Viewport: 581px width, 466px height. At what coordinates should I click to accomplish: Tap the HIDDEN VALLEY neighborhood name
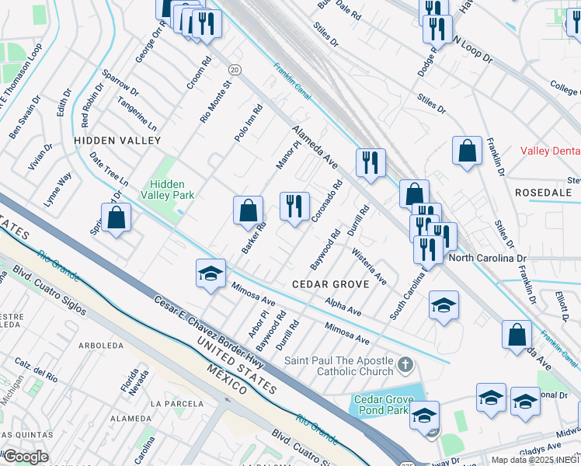tap(117, 141)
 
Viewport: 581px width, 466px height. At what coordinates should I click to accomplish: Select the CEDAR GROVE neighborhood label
tap(329, 284)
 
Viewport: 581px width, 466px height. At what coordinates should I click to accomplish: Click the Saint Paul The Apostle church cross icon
tap(403, 363)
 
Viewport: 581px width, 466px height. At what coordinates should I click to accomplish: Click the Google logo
tap(25, 457)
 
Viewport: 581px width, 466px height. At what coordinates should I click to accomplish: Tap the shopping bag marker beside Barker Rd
tap(248, 210)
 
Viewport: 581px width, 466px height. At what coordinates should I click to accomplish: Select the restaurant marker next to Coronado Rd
tap(294, 207)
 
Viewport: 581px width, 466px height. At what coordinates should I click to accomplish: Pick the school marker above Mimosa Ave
tap(210, 273)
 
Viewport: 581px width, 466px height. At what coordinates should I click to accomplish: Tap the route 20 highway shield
tap(235, 70)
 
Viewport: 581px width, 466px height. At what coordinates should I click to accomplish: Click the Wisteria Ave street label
tap(369, 266)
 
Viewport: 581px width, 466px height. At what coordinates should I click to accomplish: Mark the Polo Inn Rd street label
tap(249, 123)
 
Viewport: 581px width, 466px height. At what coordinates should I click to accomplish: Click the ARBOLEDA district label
tap(101, 345)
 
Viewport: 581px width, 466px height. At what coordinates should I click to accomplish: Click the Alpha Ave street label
tap(343, 307)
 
